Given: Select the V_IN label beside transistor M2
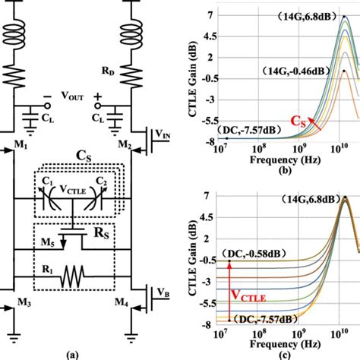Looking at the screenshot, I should point(163,134).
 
